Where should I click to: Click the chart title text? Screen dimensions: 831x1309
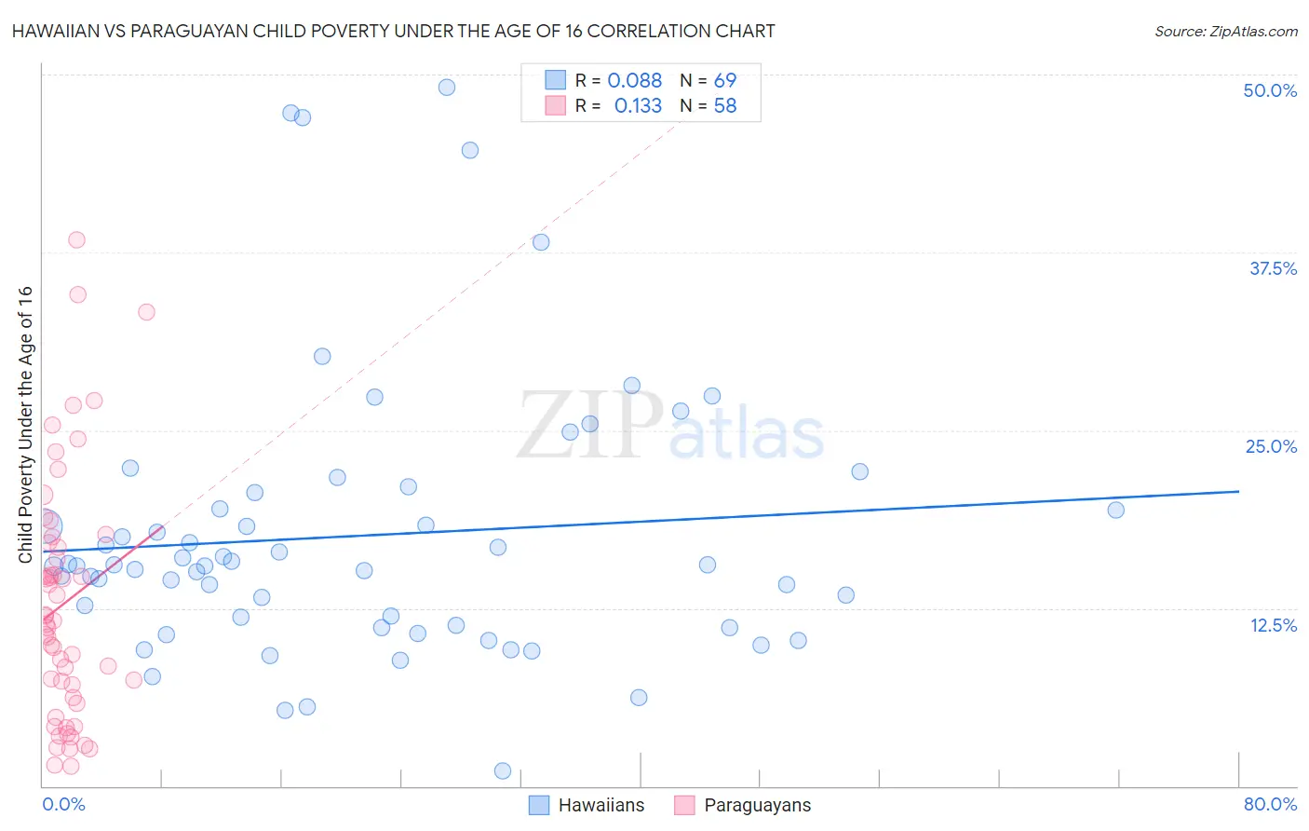point(393,31)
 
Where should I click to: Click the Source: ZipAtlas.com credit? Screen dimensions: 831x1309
point(1225,31)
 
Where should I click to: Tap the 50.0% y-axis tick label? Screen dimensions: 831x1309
point(1270,90)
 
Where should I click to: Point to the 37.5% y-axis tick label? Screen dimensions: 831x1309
point(1273,268)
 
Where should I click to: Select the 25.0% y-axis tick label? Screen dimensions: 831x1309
point(1271,446)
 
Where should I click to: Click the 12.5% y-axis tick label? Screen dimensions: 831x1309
point(1273,625)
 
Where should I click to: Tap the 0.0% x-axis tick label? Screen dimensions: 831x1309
point(63,804)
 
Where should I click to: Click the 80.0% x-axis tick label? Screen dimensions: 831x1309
point(1270,804)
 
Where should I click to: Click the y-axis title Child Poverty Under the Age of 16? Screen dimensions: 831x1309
point(26,424)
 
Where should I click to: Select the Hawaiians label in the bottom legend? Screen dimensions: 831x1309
point(601,805)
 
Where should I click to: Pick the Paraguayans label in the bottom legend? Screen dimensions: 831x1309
point(757,805)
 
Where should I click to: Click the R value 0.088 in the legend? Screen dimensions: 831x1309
point(634,81)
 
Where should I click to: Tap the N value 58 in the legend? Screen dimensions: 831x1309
point(724,106)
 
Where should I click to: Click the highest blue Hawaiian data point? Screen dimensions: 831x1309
point(447,88)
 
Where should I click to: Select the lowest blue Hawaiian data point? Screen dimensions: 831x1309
point(503,770)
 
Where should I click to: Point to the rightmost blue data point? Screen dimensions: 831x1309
point(1115,510)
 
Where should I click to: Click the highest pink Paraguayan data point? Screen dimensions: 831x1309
point(76,240)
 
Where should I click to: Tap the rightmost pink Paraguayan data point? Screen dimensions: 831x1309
point(146,312)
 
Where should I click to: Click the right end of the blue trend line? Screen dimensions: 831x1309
point(1238,491)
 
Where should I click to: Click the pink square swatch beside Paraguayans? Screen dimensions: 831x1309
point(684,805)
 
